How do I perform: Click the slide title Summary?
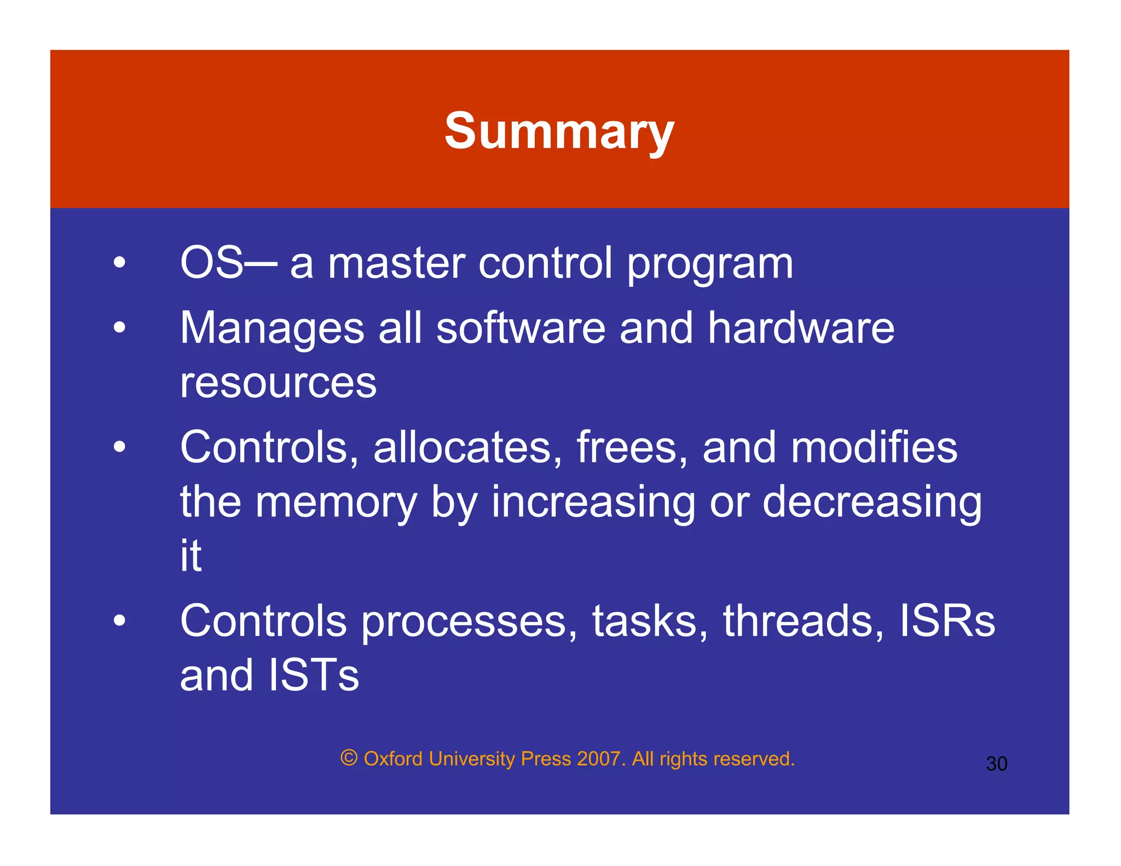[559, 131]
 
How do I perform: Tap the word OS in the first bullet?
[211, 263]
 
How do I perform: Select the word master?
[396, 263]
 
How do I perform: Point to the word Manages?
[272, 328]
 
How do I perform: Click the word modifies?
[874, 447]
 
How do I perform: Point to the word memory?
[336, 503]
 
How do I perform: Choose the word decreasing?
[872, 503]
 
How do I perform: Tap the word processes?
[469, 622]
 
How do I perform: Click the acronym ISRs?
[947, 621]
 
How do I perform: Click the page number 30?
[996, 764]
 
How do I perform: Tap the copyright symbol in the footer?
[349, 758]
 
